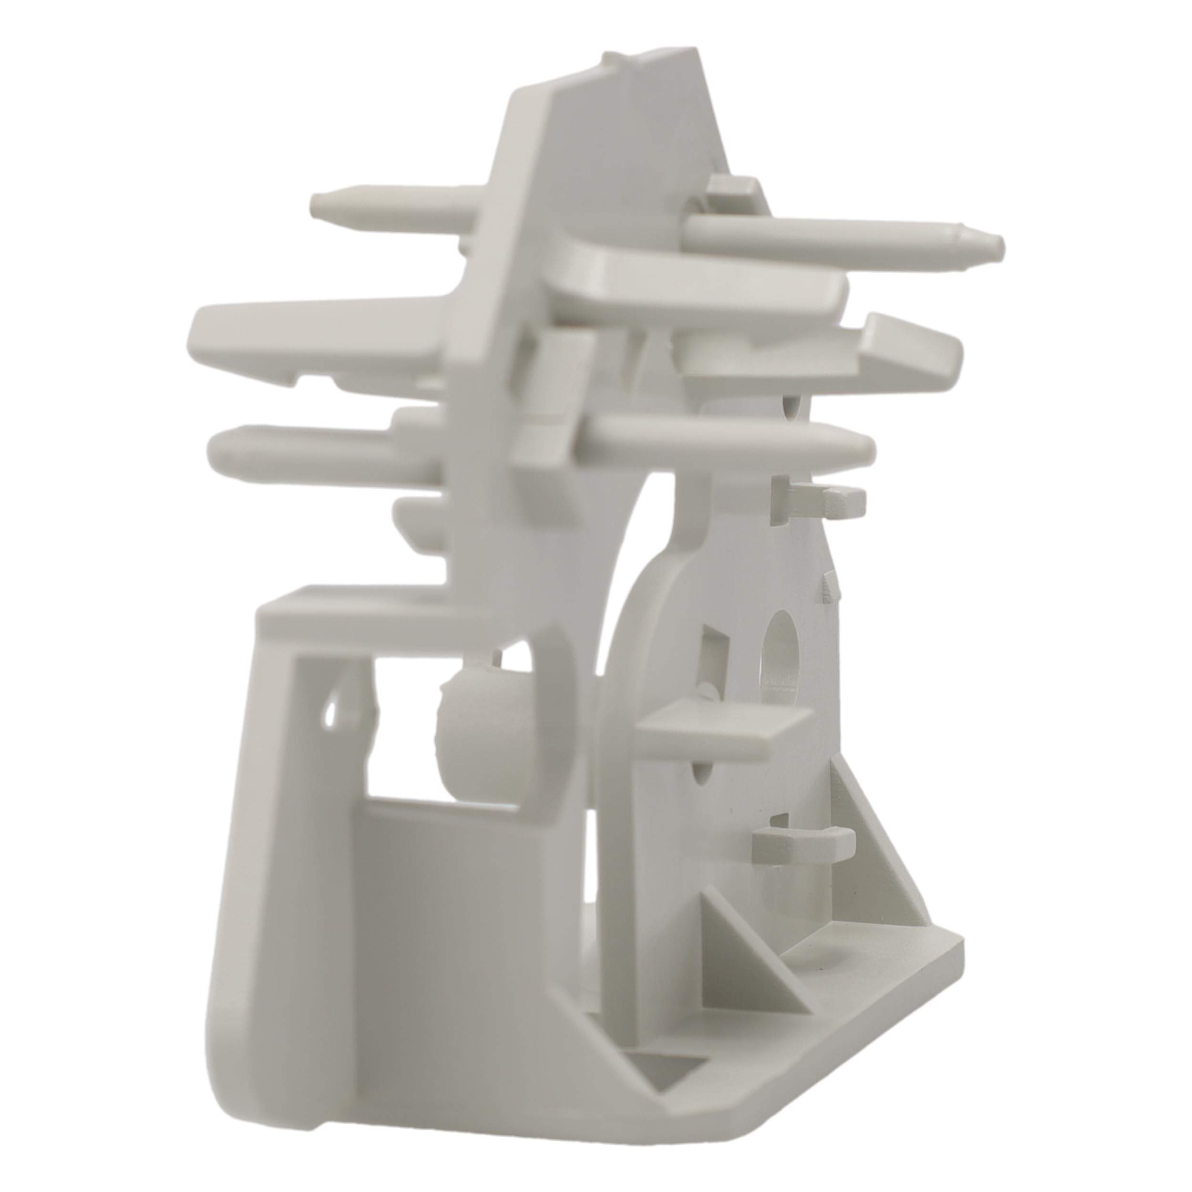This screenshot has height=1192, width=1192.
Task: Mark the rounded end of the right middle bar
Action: [861, 445]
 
